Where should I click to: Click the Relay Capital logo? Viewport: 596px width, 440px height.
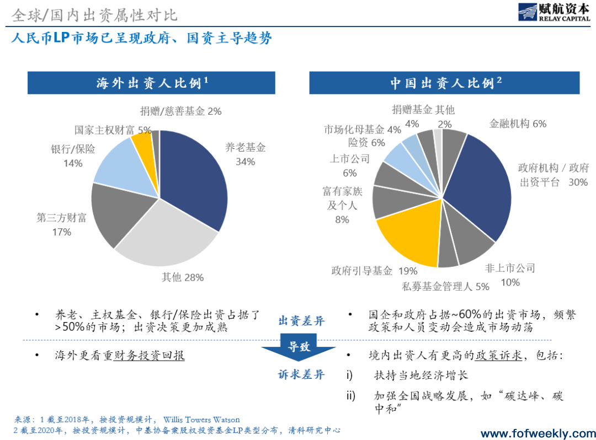click(553, 12)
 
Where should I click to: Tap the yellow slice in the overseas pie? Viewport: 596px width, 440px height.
click(142, 145)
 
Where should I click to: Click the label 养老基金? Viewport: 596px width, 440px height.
click(245, 147)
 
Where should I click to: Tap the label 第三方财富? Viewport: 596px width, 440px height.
click(62, 217)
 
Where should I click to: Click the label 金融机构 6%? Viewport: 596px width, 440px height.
click(518, 124)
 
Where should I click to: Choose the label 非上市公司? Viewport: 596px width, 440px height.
click(510, 268)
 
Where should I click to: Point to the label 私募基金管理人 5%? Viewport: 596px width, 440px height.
click(445, 286)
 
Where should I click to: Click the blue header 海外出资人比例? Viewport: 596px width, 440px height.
click(152, 83)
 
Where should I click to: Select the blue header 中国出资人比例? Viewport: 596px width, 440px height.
click(446, 83)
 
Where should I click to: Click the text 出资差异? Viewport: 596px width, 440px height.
click(301, 321)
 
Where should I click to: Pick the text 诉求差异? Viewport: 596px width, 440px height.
click(301, 375)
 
